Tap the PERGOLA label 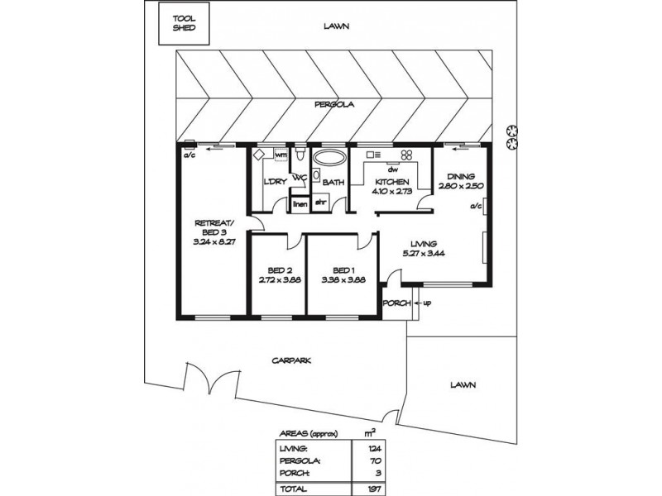pyautogui.click(x=333, y=105)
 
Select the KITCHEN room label pyautogui.click(x=391, y=182)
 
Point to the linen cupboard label pyautogui.click(x=299, y=203)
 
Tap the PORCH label pyautogui.click(x=396, y=303)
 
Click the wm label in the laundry pyautogui.click(x=281, y=155)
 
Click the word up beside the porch pyautogui.click(x=427, y=303)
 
